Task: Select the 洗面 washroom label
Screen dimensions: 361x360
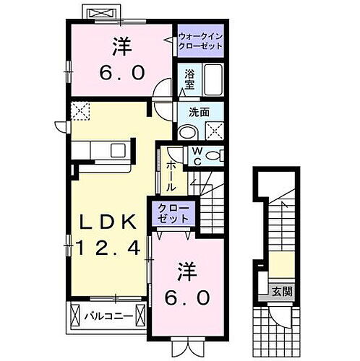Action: (x=200, y=113)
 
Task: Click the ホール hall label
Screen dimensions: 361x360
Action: (x=171, y=175)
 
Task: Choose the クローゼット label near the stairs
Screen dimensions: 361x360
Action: (x=174, y=215)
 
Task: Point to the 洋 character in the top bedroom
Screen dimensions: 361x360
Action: (x=121, y=46)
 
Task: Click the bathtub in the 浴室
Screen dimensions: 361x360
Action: (x=213, y=80)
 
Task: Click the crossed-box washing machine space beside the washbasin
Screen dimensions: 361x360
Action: (x=214, y=131)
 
